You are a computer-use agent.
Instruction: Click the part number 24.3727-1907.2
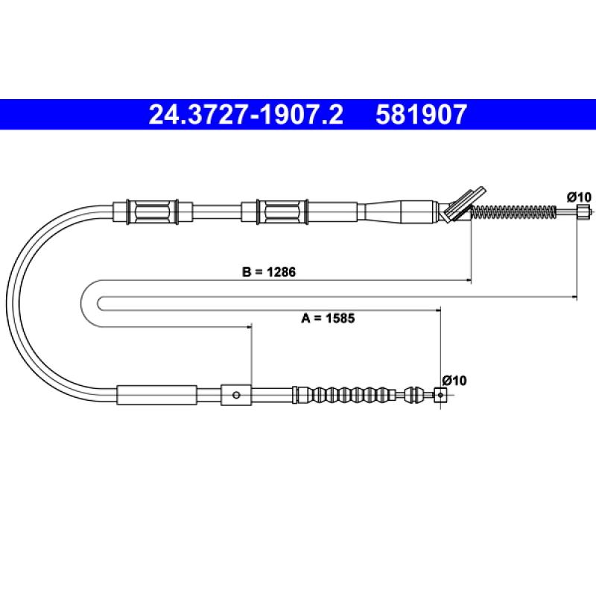pos(246,115)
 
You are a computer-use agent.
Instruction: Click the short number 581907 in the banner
pos(421,115)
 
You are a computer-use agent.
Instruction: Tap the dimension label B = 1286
pos(269,272)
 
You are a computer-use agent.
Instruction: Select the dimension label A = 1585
pos(328,318)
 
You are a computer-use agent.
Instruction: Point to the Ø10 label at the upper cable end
pos(580,197)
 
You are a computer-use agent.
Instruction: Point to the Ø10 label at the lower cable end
pos(454,381)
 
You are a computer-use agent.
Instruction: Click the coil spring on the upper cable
pos(513,212)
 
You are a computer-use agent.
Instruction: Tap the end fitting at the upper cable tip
pos(583,211)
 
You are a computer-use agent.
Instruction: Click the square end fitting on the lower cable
pos(440,396)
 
